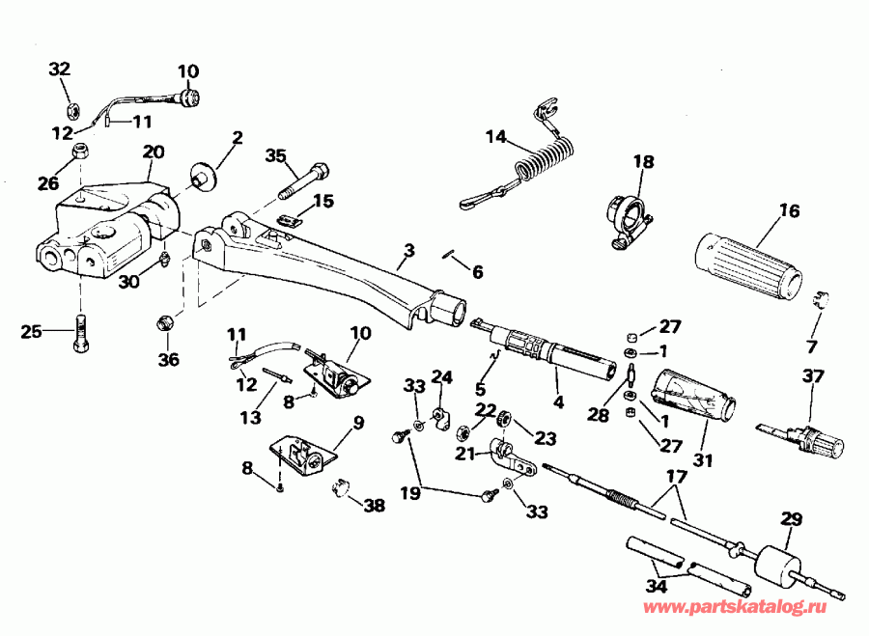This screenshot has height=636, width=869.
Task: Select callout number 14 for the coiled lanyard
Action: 495,137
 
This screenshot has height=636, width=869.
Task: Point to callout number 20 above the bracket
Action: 154,152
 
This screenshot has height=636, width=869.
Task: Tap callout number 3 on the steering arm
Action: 408,251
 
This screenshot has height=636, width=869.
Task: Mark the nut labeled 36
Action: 165,320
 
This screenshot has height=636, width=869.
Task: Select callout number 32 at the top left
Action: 60,69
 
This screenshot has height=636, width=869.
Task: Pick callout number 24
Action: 441,376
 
